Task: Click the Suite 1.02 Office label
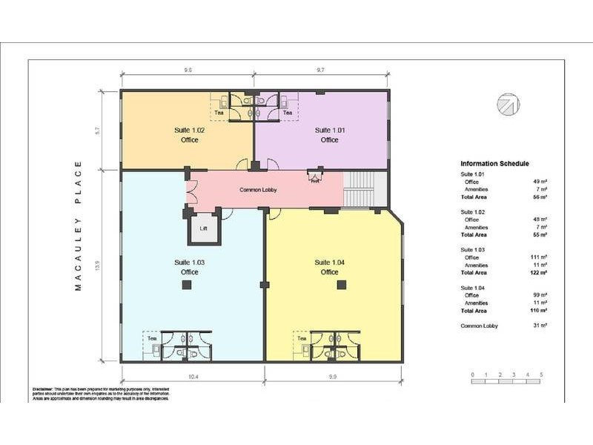tap(189, 134)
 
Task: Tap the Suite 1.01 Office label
tap(329, 134)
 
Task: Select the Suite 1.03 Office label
tap(189, 267)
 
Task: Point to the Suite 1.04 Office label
tap(329, 267)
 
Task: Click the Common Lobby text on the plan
tap(258, 190)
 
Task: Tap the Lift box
tap(204, 228)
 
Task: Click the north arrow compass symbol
tap(508, 105)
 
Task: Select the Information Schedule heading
tap(494, 164)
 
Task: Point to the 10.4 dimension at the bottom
tap(193, 377)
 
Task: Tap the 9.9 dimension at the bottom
tap(334, 377)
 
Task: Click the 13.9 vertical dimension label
tap(98, 265)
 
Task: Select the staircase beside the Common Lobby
tap(365, 190)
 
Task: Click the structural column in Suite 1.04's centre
tap(341, 284)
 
